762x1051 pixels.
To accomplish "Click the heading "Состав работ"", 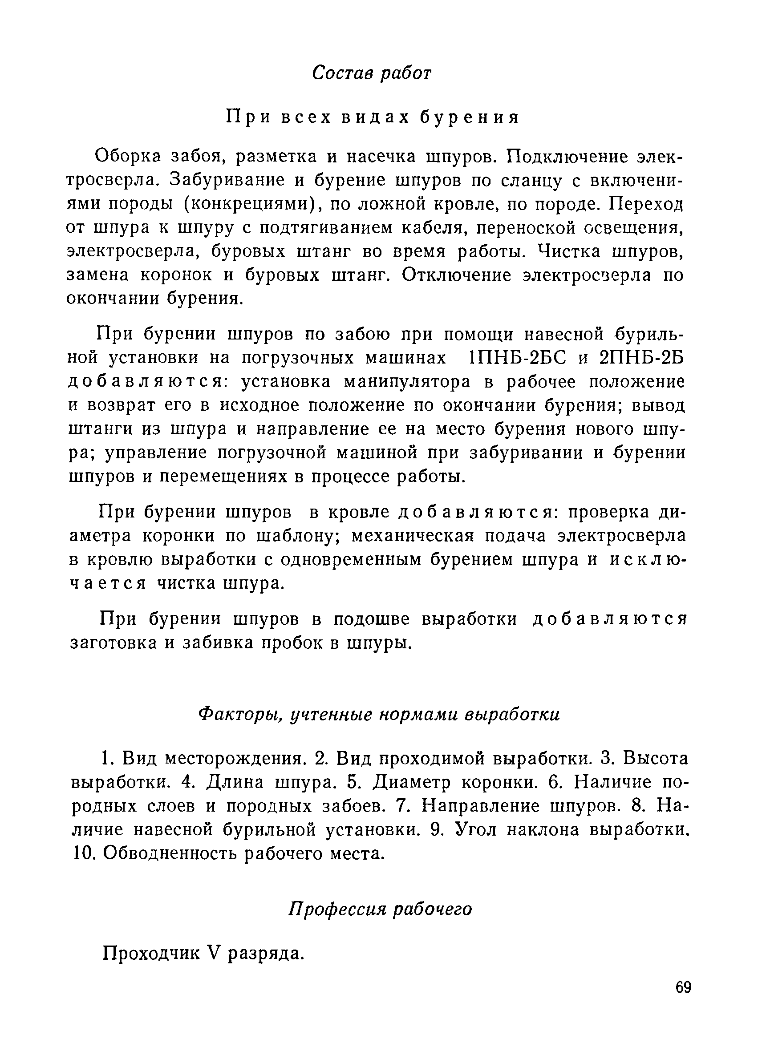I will (372, 73).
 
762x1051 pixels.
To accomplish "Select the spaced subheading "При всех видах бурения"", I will (372, 118).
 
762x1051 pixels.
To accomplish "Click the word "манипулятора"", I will (407, 381).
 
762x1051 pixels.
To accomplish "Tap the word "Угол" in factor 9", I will (474, 829).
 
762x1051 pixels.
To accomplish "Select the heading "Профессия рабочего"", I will (380, 909).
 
